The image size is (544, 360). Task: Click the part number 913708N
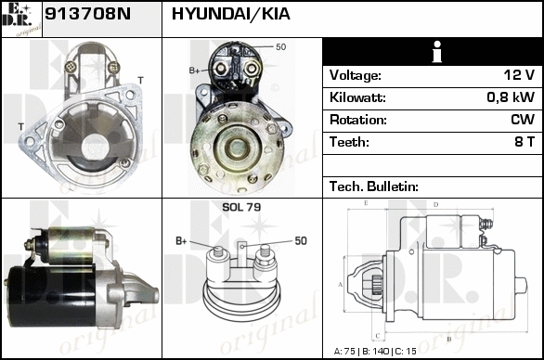point(88,14)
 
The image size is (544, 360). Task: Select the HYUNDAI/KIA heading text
point(231,14)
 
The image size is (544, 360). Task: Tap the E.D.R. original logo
point(21,19)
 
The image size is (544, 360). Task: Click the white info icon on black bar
point(437,52)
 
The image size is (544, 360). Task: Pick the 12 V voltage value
point(519,75)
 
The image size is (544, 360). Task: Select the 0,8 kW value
point(511,97)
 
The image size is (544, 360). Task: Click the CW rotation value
point(523,120)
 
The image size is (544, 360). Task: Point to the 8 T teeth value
point(525,142)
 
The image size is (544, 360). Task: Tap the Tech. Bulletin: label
point(374,186)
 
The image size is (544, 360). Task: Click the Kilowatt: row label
point(357,97)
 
